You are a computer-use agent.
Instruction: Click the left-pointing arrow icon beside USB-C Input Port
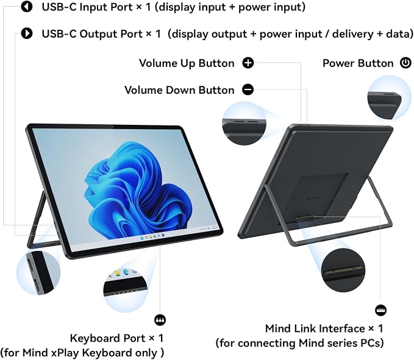27,7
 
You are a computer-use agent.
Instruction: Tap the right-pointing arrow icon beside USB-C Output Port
27,34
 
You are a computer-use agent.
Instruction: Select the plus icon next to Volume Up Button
248,63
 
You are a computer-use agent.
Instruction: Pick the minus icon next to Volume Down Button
248,90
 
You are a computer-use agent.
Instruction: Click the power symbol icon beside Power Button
405,63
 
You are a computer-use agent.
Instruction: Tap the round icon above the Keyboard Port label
160,320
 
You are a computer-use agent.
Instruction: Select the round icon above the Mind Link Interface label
380,310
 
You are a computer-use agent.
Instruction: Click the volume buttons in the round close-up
244,122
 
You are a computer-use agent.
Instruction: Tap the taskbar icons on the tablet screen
152,236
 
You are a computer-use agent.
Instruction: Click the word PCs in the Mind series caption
372,344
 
